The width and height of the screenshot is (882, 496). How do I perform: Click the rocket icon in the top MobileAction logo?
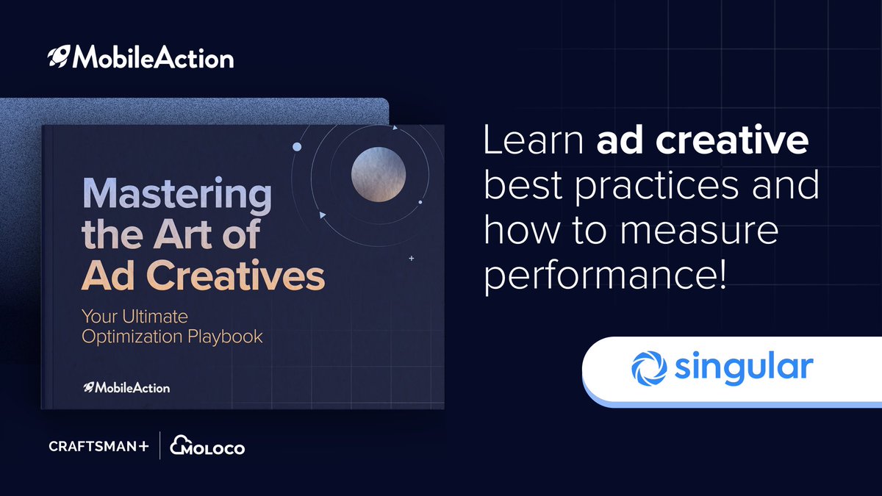(x=58, y=57)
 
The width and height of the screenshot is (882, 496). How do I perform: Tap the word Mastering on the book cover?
(x=176, y=195)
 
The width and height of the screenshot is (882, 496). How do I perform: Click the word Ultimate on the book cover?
(x=152, y=317)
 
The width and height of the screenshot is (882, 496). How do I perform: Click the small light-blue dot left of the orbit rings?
(x=297, y=147)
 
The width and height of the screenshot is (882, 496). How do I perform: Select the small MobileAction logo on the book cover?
(x=126, y=387)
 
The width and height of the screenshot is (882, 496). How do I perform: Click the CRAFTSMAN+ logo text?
(x=98, y=447)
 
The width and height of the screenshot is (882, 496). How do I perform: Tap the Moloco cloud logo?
(x=207, y=445)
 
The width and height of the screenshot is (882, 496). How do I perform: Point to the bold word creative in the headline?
(x=741, y=142)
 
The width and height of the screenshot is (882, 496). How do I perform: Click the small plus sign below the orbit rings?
(x=411, y=259)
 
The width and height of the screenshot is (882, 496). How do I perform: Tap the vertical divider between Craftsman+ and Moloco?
(x=159, y=446)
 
